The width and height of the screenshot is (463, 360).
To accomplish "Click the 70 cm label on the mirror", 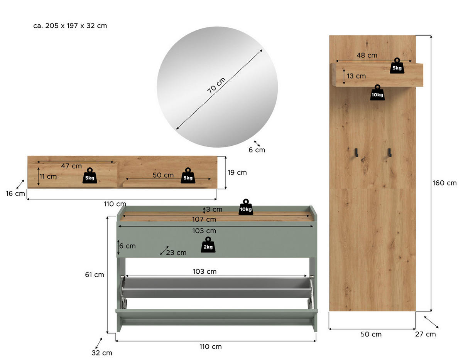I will click(x=216, y=86).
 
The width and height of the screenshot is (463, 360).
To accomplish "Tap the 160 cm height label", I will click(x=444, y=183).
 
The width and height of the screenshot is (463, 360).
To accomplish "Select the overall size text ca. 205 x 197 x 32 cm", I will click(x=70, y=26).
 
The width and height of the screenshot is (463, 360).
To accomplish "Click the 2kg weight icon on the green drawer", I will click(x=208, y=245).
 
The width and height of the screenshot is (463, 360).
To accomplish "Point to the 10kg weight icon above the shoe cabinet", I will click(x=246, y=207).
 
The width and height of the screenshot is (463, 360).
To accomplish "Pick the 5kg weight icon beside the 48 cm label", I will click(x=397, y=66).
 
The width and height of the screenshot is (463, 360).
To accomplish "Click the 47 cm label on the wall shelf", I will click(x=72, y=166).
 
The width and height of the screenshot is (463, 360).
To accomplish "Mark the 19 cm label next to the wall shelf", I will click(x=237, y=172).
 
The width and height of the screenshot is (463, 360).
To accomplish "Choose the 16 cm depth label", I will click(x=15, y=193).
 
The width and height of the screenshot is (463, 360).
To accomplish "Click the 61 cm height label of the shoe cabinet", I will click(x=95, y=275).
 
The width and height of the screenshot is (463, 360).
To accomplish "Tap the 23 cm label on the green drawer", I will click(x=176, y=252).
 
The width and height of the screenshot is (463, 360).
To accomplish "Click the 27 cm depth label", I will click(x=425, y=334).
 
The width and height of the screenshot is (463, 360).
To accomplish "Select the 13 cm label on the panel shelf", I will click(x=356, y=76).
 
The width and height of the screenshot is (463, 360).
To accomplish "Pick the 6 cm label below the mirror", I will click(x=257, y=150).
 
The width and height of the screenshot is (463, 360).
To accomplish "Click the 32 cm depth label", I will click(x=102, y=353).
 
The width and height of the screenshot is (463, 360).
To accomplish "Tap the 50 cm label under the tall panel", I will click(x=371, y=334).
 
